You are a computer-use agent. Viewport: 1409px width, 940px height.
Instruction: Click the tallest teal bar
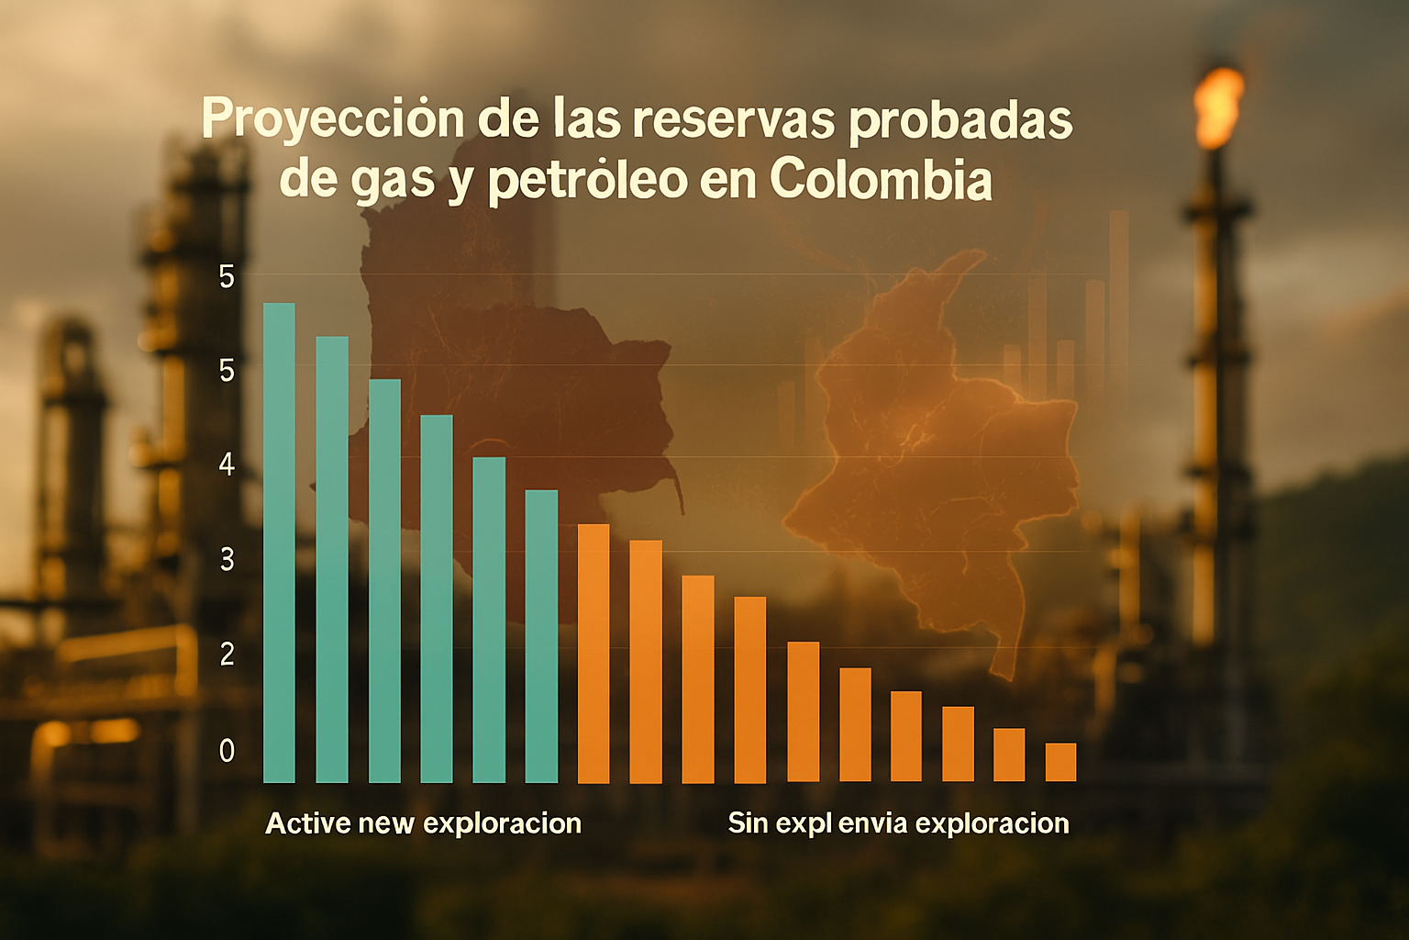coord(279,543)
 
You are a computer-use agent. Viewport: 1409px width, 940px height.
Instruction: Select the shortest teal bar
coord(541,636)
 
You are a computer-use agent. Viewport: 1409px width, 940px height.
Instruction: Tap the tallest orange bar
coord(594,654)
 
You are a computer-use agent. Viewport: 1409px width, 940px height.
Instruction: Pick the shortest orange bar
coord(1061,763)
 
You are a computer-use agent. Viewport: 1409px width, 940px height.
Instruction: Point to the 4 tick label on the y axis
coord(227,466)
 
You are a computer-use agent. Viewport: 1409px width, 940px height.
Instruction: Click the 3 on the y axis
coord(227,560)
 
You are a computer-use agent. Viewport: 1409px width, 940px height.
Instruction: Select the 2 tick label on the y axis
coord(227,655)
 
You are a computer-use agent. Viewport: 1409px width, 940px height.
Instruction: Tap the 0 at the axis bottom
coord(227,751)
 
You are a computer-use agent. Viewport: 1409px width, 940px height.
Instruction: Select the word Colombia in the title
coord(881,181)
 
